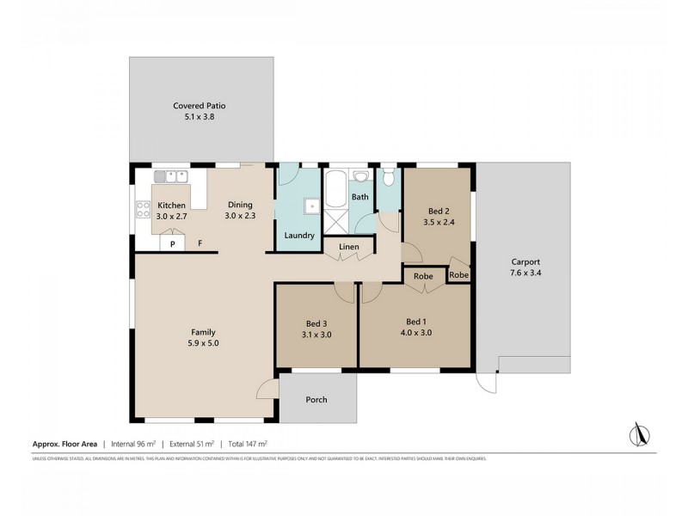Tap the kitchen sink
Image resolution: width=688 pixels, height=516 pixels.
point(177,176)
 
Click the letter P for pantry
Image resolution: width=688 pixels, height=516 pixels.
point(172,243)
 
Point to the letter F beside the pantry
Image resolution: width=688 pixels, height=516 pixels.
point(200,243)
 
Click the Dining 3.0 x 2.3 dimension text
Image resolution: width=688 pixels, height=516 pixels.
point(240,216)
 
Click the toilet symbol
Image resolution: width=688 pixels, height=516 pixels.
point(389,179)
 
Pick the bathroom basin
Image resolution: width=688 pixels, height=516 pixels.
point(362,176)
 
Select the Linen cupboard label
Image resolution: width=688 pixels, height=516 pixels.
point(348,247)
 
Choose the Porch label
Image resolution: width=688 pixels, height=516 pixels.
point(316,399)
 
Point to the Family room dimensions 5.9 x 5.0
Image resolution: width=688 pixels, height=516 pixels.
point(203,343)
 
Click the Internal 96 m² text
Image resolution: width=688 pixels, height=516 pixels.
point(138,444)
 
